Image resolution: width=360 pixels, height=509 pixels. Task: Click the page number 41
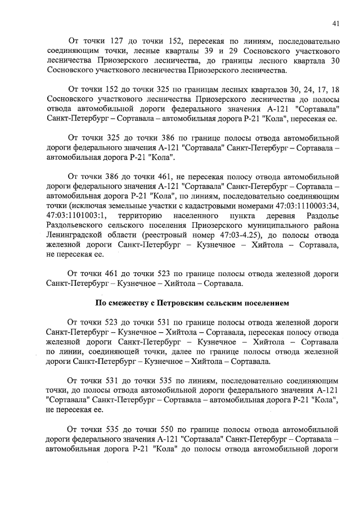tap(335, 23)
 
